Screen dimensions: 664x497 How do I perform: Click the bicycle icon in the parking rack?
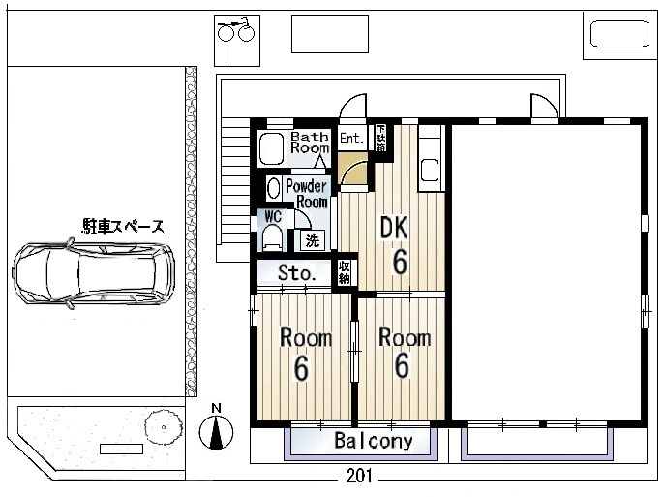pyautogui.click(x=236, y=30)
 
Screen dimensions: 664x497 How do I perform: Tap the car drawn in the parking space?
pyautogui.click(x=94, y=274)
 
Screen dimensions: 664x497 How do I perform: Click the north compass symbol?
pyautogui.click(x=216, y=432)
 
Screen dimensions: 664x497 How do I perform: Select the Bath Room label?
pyautogui.click(x=310, y=142)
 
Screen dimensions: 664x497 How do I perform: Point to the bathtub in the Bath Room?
pyautogui.click(x=271, y=149)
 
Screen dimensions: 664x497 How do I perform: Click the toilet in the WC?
pyautogui.click(x=271, y=237)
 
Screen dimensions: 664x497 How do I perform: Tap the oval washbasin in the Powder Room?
pyautogui.click(x=274, y=188)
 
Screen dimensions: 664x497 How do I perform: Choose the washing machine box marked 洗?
pyautogui.click(x=313, y=240)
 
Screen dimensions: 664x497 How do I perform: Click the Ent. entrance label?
pyautogui.click(x=351, y=139)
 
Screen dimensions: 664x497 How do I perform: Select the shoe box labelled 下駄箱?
pyautogui.click(x=380, y=138)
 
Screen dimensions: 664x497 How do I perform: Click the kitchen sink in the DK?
pyautogui.click(x=430, y=170)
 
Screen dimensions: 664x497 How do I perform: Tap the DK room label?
pyautogui.click(x=394, y=227)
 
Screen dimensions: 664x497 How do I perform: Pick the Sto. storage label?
pyautogui.click(x=297, y=272)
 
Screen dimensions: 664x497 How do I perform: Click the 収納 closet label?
pyautogui.click(x=344, y=272)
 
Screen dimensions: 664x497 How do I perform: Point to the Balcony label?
pyautogui.click(x=374, y=441)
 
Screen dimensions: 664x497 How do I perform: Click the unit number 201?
pyautogui.click(x=359, y=476)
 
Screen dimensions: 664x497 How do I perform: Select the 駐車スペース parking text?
pyautogui.click(x=123, y=227)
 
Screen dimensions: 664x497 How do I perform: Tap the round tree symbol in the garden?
pyautogui.click(x=164, y=427)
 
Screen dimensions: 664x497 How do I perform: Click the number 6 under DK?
pyautogui.click(x=400, y=262)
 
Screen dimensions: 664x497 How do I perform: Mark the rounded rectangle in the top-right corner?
pyautogui.click(x=619, y=34)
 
